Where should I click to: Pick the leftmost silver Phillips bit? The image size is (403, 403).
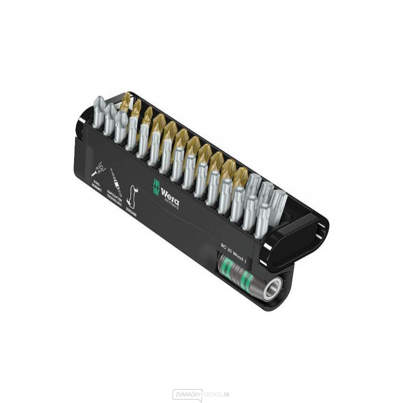pyautogui.click(x=98, y=112)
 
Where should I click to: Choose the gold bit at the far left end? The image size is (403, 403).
pyautogui.click(x=125, y=102)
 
